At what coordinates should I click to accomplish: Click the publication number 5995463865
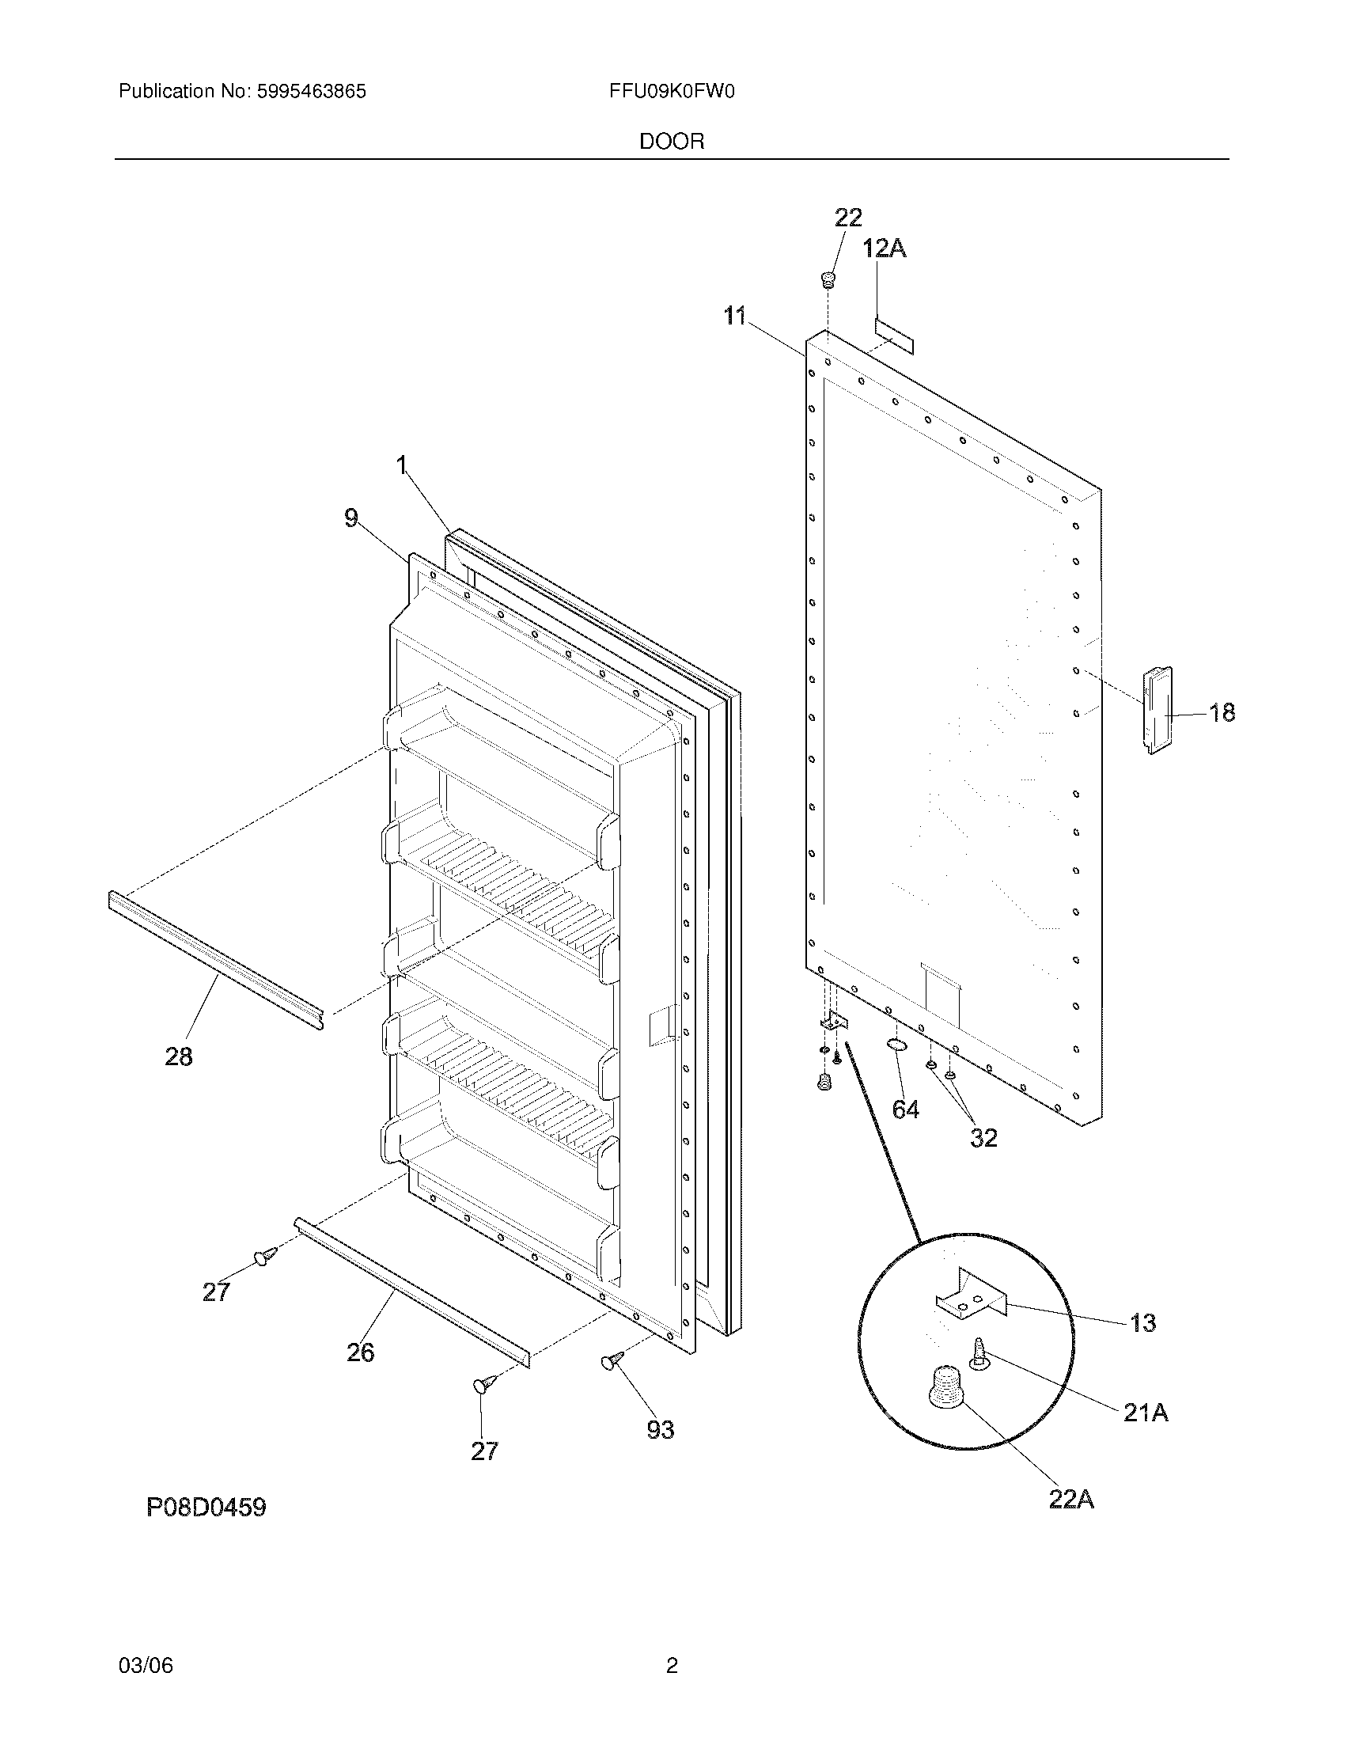coord(311,92)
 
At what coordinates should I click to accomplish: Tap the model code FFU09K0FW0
coord(671,92)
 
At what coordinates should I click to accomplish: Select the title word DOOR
coord(671,142)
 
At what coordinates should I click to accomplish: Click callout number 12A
coord(885,249)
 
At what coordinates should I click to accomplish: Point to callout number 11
coord(735,317)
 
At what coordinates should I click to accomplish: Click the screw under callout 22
coord(828,280)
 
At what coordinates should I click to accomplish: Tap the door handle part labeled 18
coord(1158,710)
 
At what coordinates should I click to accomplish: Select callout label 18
coord(1222,712)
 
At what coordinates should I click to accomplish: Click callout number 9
coord(351,519)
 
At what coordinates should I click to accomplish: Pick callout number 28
coord(179,1057)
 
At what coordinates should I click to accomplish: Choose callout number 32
coord(983,1137)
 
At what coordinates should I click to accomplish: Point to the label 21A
coord(1145,1413)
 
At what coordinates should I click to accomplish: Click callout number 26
coord(360,1352)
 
